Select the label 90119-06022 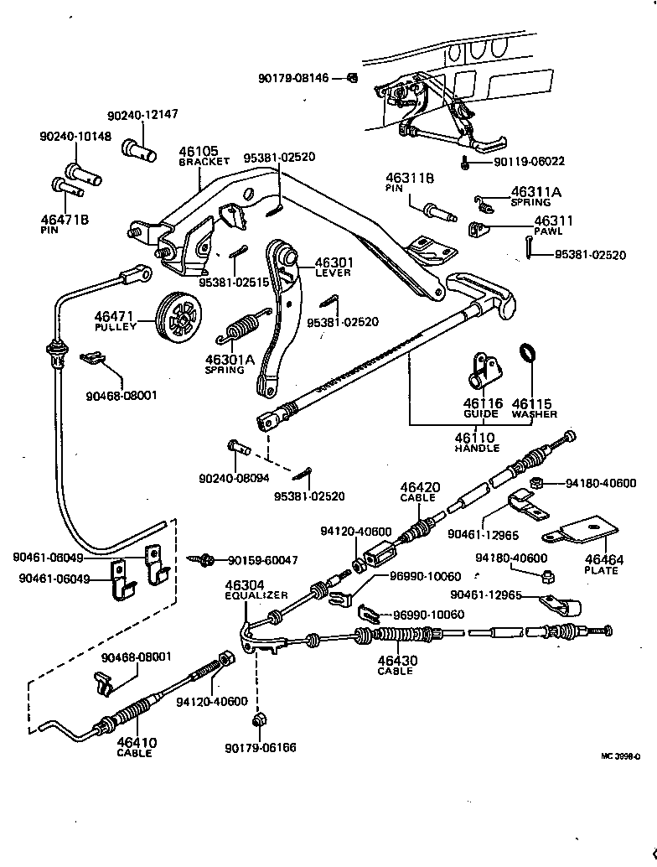529,162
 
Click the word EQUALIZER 256,595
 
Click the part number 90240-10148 75,136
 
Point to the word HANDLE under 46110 476,449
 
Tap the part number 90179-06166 260,747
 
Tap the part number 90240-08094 235,478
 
